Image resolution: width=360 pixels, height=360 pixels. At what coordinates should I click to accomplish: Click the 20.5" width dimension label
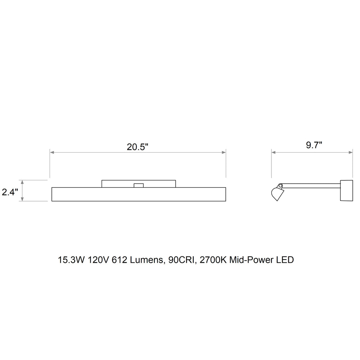(x=138, y=147)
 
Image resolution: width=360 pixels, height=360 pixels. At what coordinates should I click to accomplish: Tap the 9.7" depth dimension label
(x=314, y=145)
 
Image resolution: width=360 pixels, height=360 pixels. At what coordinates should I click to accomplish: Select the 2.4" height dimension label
(x=10, y=192)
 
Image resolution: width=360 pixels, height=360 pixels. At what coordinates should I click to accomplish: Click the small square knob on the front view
(x=139, y=185)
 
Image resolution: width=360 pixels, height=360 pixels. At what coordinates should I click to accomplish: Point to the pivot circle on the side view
(x=280, y=185)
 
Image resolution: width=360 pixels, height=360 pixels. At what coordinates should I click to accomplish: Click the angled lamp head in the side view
(x=277, y=194)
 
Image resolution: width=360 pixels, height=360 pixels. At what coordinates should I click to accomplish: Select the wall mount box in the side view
(x=346, y=190)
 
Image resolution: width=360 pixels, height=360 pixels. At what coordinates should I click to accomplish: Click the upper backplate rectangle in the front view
(x=139, y=184)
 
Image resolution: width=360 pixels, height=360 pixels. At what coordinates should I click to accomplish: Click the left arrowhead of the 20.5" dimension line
(x=52, y=152)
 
